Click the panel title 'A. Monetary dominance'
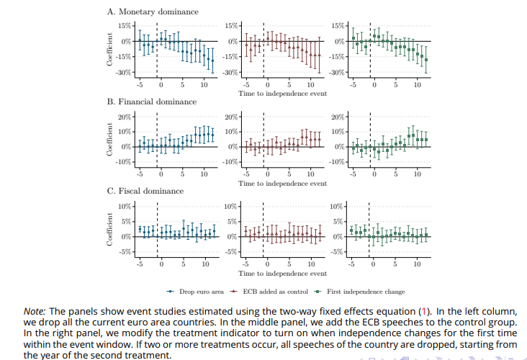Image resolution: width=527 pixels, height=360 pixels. click(x=153, y=12)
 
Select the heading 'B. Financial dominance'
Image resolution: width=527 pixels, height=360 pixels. click(x=152, y=102)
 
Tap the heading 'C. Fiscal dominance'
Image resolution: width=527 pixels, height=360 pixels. click(x=145, y=192)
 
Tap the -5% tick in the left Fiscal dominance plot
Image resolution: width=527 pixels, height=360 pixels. click(x=126, y=252)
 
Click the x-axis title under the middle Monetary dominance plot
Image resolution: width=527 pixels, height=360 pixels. click(x=282, y=94)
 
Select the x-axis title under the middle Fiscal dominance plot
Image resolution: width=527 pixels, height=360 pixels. click(x=282, y=274)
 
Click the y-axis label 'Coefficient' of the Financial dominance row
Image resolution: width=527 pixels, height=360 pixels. click(x=110, y=139)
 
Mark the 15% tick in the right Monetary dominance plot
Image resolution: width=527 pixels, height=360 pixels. click(x=338, y=26)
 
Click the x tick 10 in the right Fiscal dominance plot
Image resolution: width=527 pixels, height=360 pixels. click(x=417, y=264)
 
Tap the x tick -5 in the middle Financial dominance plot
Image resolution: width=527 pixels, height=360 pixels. click(x=246, y=175)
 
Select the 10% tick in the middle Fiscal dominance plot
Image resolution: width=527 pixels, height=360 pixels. click(x=231, y=207)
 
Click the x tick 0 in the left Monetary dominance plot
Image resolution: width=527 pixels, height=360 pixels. click(x=161, y=84)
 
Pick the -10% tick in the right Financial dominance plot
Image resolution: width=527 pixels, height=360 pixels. click(x=336, y=162)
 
